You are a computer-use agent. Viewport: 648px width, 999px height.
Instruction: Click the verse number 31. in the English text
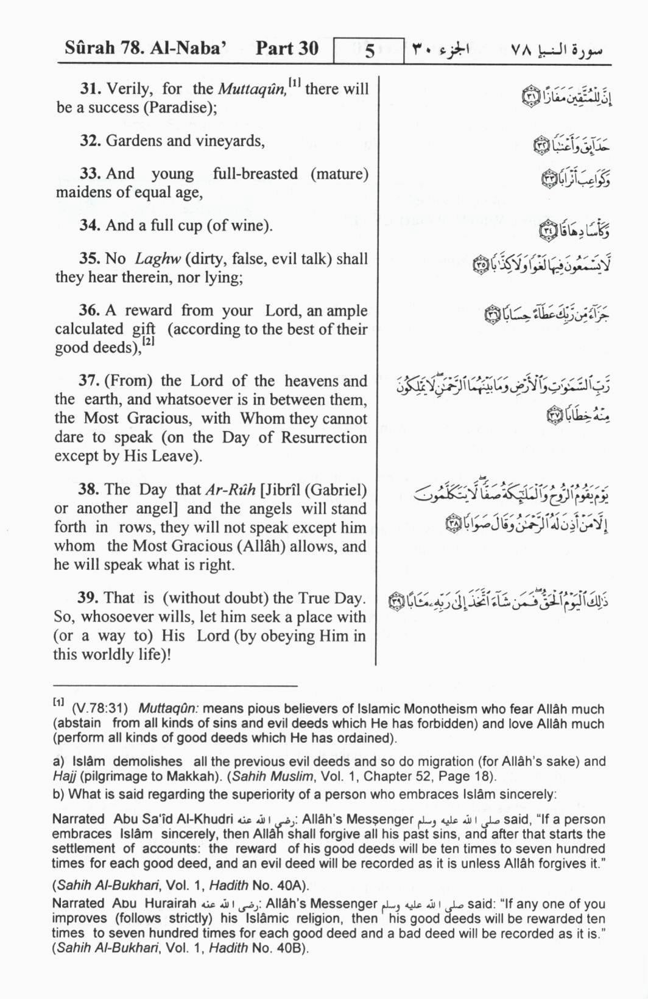point(90,89)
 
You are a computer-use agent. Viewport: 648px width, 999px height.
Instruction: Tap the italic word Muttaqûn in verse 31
point(251,89)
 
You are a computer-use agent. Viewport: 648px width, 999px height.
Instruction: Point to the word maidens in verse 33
point(79,193)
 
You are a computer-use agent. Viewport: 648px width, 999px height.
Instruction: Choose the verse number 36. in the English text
point(89,310)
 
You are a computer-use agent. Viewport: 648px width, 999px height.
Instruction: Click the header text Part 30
point(287,49)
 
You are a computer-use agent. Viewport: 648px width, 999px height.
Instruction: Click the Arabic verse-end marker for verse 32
point(541,146)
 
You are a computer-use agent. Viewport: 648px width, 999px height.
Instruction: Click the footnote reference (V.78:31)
point(99,709)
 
